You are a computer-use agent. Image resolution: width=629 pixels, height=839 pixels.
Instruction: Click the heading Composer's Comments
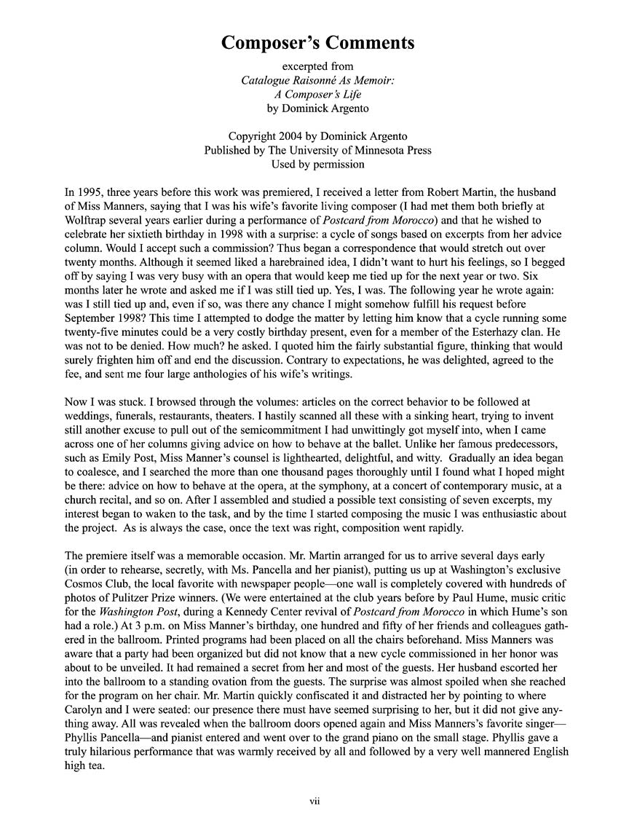(x=318, y=43)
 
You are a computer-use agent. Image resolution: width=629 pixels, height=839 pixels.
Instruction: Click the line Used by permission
(x=318, y=164)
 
